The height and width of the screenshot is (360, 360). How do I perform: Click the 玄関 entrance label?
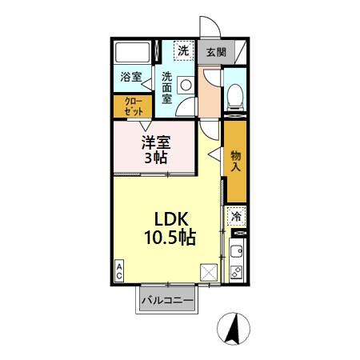[x=215, y=52]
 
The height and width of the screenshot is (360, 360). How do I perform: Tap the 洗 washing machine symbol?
[x=183, y=51]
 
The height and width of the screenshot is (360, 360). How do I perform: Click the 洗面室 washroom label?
[x=167, y=87]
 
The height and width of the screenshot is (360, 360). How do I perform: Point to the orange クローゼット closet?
[x=134, y=106]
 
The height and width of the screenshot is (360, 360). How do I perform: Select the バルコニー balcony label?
[x=167, y=301]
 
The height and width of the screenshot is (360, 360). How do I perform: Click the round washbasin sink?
[x=186, y=85]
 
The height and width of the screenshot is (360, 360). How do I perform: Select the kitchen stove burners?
[x=236, y=270]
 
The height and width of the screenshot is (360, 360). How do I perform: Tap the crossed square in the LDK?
[x=209, y=272]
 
